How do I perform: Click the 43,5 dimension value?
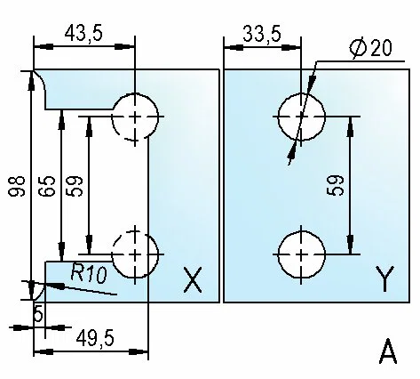(83, 33)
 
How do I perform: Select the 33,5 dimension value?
(262, 34)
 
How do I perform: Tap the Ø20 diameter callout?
(370, 48)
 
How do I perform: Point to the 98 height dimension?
(17, 186)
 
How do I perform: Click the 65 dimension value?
(47, 186)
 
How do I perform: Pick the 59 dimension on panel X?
(75, 186)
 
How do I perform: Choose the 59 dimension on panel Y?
(335, 185)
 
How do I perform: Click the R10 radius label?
(89, 273)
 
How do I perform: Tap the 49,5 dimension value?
(95, 339)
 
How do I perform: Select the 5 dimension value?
(39, 313)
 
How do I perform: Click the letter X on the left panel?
(193, 280)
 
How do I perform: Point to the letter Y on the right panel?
(384, 278)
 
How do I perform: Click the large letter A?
(387, 351)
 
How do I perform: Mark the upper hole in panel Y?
(301, 117)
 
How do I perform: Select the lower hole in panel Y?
(301, 254)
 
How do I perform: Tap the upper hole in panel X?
(135, 117)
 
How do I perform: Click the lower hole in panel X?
(135, 254)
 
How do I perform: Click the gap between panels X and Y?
(222, 186)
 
